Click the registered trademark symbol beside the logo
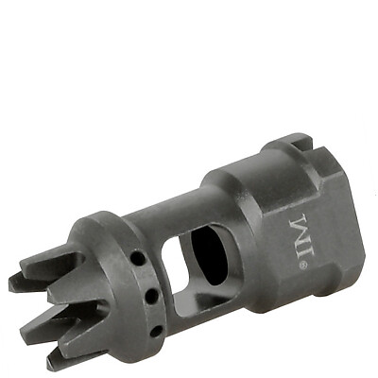[301, 266]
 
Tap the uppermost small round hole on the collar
[137, 258]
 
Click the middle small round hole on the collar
[152, 295]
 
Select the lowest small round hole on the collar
[156, 331]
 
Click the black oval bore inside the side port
[209, 255]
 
